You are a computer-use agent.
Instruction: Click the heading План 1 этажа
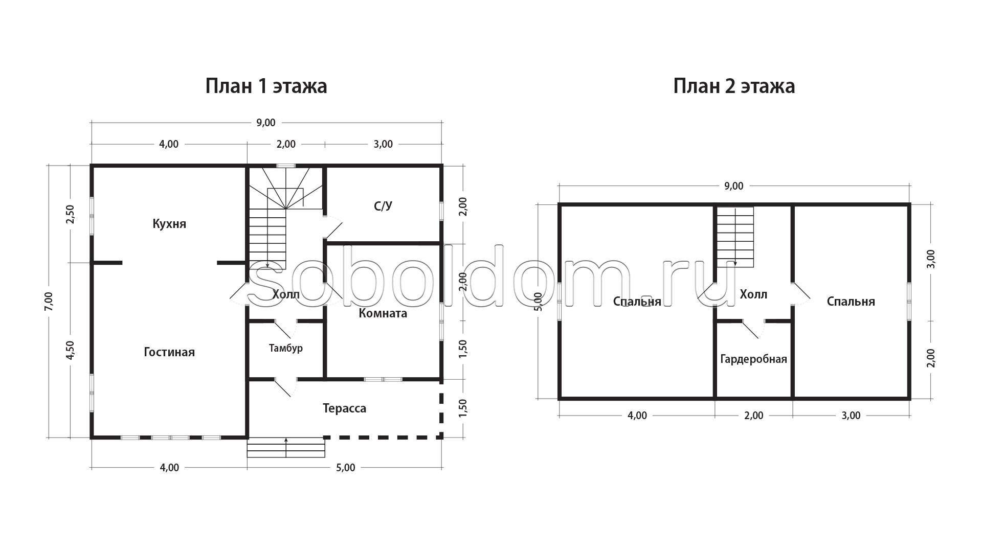click(x=266, y=86)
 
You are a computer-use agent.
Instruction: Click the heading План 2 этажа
click(x=734, y=86)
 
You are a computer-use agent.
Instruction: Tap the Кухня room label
click(x=169, y=224)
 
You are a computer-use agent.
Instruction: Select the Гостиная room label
click(x=169, y=352)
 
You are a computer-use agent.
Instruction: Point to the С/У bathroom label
click(x=383, y=206)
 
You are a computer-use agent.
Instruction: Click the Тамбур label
click(x=286, y=348)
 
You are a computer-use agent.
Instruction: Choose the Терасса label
click(x=345, y=408)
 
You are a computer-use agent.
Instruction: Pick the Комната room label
click(x=383, y=313)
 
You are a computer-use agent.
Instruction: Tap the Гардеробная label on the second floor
click(x=753, y=359)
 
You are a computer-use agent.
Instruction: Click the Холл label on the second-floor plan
click(x=753, y=294)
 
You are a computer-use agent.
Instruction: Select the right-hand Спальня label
click(x=851, y=302)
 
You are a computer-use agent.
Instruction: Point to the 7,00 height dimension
click(x=49, y=301)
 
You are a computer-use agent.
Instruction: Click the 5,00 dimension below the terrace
click(x=346, y=468)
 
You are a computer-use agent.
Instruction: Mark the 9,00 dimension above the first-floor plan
click(x=266, y=123)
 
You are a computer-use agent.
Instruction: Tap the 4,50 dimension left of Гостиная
click(x=71, y=351)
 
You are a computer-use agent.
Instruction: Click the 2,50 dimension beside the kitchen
click(x=71, y=214)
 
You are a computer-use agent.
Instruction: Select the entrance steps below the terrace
click(x=286, y=447)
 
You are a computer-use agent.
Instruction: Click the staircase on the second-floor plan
click(x=735, y=237)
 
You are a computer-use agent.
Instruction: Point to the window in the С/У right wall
click(x=441, y=211)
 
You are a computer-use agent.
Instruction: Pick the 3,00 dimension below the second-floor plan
click(x=851, y=416)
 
